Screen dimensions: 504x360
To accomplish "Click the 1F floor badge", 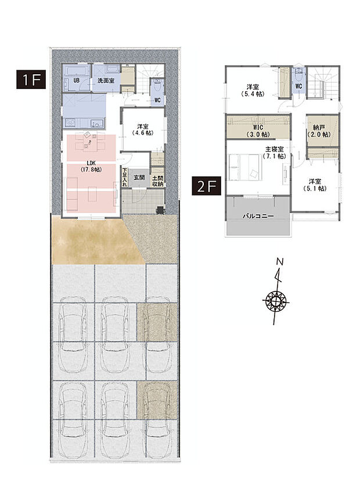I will (31, 80).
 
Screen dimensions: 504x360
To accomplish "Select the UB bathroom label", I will (76, 80).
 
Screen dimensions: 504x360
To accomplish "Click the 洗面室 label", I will (105, 80).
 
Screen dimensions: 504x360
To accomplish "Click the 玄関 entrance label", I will (139, 177).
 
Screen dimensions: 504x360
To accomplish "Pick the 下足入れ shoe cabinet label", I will (125, 177).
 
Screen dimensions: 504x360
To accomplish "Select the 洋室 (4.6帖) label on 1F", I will (142, 129).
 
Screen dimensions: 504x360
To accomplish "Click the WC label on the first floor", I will (157, 99).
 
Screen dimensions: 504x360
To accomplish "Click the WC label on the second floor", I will (298, 87).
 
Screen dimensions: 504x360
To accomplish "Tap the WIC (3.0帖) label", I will (257, 130).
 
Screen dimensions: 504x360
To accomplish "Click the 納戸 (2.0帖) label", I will (319, 130).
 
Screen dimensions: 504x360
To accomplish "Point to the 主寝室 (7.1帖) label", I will (273, 153).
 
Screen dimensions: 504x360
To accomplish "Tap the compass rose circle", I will (276, 301).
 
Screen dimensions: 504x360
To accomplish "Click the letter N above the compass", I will (280, 262).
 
